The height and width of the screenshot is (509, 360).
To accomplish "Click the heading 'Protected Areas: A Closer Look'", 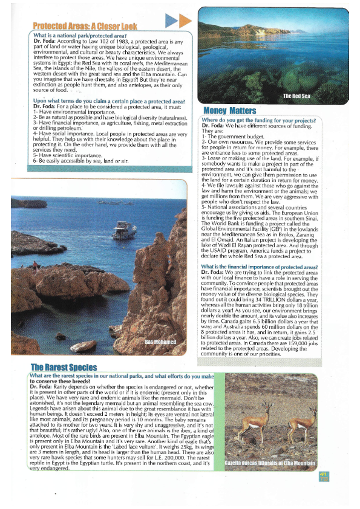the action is point(85,27).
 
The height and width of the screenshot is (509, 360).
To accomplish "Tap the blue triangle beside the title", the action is point(171,21).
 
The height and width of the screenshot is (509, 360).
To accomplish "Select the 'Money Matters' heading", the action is point(230,111).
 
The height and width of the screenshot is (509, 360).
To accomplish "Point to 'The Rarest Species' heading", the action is point(64,367).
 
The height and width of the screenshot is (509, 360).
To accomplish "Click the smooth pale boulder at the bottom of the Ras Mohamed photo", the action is point(83,346).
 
